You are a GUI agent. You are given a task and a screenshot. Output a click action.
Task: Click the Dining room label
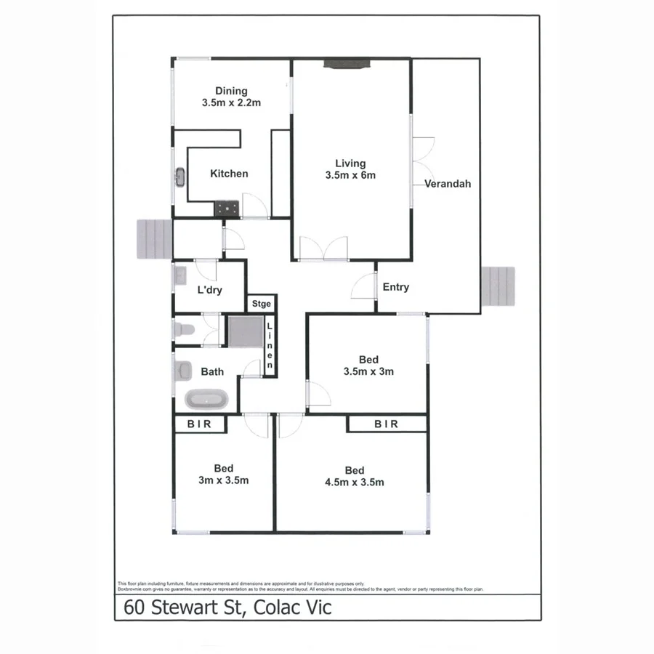[x=231, y=97]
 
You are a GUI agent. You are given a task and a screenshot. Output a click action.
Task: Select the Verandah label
[x=448, y=184]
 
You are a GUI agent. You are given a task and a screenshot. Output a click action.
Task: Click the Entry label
[x=395, y=287]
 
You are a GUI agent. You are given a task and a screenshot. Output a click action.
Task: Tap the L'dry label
[x=209, y=290]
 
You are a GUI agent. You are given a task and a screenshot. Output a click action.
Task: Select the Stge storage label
[x=262, y=304]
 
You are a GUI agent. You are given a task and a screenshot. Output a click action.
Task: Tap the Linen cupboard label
[x=269, y=347]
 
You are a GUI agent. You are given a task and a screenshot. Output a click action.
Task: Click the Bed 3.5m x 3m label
[x=368, y=366]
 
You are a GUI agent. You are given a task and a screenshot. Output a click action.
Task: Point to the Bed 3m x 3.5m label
[x=224, y=475]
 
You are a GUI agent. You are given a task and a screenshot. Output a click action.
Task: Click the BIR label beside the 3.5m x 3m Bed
[x=386, y=424]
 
